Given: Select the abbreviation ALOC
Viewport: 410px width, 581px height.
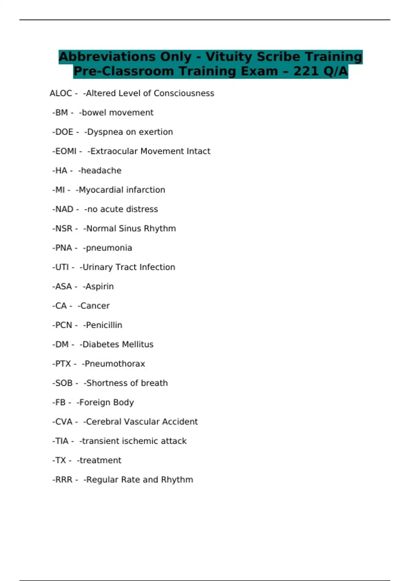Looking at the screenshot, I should tap(61, 93).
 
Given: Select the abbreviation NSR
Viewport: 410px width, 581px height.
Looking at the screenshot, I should tap(64, 228).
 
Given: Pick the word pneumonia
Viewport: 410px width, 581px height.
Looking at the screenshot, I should tap(109, 248).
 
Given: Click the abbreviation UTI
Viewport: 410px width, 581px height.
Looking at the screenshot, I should tap(62, 267).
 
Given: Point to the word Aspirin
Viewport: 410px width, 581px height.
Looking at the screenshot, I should tap(99, 286).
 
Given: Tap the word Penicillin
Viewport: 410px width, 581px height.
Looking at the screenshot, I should tap(104, 325).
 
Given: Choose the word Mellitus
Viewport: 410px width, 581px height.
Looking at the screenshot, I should tap(136, 344).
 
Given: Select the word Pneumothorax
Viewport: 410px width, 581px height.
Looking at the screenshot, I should tap(115, 364).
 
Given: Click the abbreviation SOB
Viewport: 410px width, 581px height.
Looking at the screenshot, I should tap(64, 383).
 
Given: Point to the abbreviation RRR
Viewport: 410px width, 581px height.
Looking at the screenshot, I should tap(64, 479).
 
